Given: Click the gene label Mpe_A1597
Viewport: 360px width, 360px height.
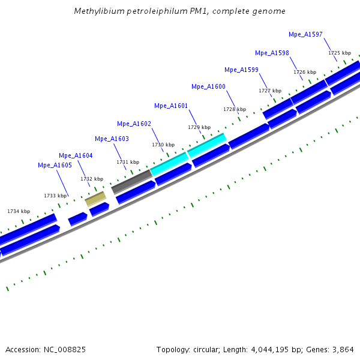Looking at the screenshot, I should pos(305,34).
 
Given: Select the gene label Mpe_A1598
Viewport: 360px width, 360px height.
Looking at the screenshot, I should pos(272,53).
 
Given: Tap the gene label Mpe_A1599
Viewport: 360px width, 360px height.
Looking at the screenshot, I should pos(241,70).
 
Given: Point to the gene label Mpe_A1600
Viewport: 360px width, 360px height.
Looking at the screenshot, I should pos(208,87).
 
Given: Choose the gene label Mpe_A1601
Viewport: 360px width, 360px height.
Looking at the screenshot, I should pos(171,106).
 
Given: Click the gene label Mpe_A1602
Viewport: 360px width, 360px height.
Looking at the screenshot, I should pos(134,124).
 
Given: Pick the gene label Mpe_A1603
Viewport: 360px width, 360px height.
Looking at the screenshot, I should pos(112,139).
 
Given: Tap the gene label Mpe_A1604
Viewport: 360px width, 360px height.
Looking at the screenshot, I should pos(76,155).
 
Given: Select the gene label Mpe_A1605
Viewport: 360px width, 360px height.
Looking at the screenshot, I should pos(55,165).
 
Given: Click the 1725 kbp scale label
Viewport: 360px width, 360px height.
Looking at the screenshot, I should pos(339,53).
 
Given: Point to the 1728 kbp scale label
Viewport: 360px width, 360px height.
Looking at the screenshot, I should pos(235,110).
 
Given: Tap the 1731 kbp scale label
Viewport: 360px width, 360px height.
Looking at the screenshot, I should pos(128,163).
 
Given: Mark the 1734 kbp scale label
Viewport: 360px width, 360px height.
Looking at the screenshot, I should pos(19,211).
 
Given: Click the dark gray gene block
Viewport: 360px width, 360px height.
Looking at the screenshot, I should pos(131,181).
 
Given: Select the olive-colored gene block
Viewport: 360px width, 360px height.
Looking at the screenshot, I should pos(95,199).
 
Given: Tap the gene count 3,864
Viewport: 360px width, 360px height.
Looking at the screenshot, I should pos(342,349).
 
